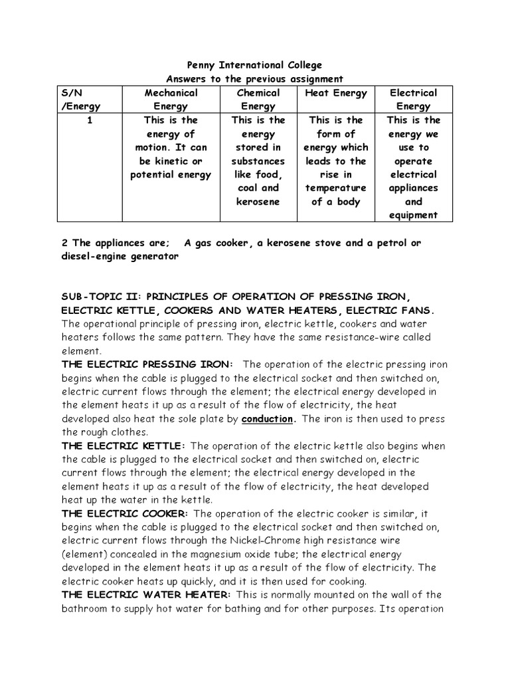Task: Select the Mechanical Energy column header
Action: pos(171,99)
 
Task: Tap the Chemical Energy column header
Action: pos(258,99)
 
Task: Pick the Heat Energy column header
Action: pos(335,93)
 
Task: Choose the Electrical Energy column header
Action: pos(413,99)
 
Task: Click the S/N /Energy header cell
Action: pos(82,99)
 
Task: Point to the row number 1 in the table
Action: pos(88,120)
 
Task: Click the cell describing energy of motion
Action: pos(171,148)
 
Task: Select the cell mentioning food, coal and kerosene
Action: pos(258,161)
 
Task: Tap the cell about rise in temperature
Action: pos(335,161)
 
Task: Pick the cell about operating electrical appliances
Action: pos(413,168)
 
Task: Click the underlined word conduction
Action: pos(267,420)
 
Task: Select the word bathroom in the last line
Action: pos(86,609)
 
